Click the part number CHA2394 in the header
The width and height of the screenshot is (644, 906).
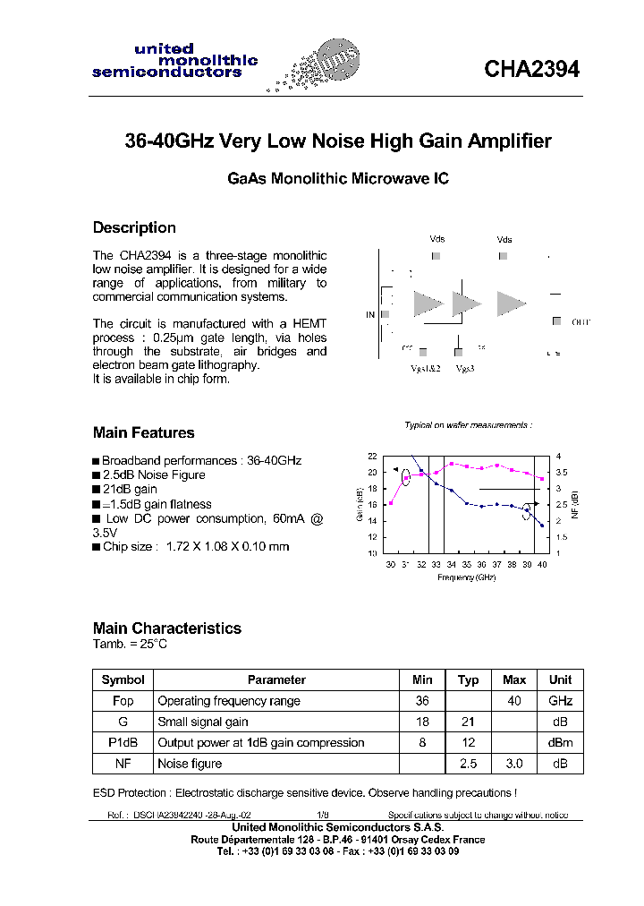coord(531,69)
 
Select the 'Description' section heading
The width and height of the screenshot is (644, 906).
coord(134,227)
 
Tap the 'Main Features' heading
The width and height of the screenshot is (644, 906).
coord(143,432)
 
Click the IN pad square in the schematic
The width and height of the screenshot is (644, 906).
coord(385,314)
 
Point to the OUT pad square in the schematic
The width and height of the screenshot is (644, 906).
coord(556,321)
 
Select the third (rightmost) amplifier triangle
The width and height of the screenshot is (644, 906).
coord(511,304)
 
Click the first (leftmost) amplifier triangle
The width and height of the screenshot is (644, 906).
coord(428,304)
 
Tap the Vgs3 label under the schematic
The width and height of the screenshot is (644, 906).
coord(464,368)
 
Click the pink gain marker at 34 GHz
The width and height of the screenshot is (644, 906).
coord(452,464)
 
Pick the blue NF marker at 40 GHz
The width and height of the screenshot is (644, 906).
coord(543,526)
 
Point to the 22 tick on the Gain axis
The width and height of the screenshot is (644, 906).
coord(373,457)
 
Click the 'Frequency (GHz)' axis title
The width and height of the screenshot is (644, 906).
coord(466,577)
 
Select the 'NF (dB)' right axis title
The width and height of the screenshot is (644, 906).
coord(574,504)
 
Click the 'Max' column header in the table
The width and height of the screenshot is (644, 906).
coord(514,679)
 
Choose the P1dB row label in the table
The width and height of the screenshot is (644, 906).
coord(123,742)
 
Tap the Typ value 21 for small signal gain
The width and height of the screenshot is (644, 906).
coord(468,722)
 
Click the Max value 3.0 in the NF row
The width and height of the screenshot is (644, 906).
coord(514,764)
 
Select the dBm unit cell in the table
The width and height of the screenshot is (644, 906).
coord(560,742)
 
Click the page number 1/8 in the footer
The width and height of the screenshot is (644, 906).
coord(323,816)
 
